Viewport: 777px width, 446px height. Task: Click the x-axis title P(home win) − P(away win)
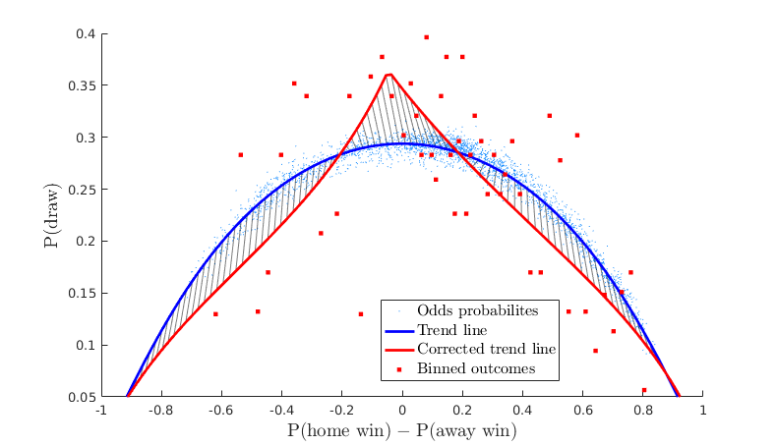(401, 430)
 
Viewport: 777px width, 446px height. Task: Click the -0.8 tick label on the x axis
(159, 411)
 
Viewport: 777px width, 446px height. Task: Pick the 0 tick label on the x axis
(402, 411)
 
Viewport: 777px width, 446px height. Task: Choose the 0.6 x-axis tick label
(582, 411)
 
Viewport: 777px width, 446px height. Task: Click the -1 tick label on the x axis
(99, 411)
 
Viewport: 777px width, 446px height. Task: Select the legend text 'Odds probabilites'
(478, 310)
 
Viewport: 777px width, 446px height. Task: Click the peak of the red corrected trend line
(390, 74)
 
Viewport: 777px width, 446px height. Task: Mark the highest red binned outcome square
(426, 37)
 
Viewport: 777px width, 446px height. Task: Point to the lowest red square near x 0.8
(644, 390)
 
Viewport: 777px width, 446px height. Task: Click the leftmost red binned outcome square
(215, 313)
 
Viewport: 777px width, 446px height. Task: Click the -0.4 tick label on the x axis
(280, 411)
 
